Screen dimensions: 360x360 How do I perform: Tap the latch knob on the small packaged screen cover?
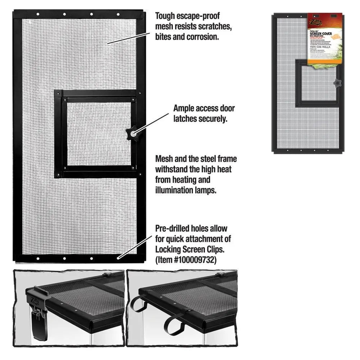(x=337, y=83)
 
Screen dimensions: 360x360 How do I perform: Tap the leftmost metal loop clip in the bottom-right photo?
(x=138, y=304)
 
